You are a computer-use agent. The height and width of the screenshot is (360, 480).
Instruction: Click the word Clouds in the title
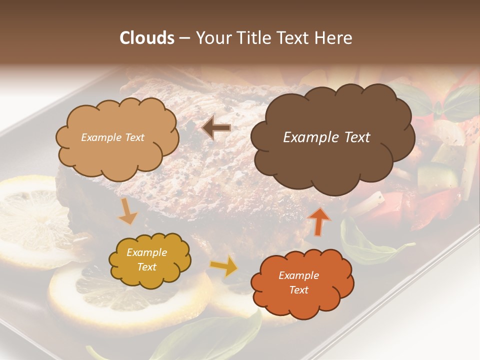(146, 38)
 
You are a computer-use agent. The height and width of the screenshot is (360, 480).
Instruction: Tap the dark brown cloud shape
(332, 160)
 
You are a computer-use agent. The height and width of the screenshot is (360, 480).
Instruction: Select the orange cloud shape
(302, 302)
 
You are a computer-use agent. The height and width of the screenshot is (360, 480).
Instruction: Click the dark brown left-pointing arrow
(216, 127)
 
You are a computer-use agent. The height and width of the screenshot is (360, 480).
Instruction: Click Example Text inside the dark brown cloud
(326, 137)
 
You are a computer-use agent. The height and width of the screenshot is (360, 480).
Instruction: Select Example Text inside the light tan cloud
(112, 137)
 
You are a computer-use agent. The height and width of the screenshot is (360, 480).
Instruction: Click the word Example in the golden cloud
(146, 253)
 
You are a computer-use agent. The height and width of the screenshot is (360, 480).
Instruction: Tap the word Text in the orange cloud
(298, 290)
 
